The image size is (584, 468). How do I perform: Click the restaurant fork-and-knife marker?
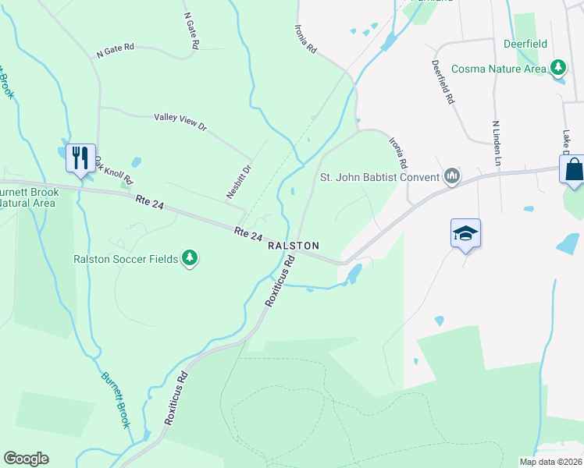pyautogui.click(x=81, y=158)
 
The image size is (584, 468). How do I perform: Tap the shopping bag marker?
pyautogui.click(x=573, y=169)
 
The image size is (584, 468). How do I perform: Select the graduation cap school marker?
pyautogui.click(x=465, y=233)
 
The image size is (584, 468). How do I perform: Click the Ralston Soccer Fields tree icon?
pyautogui.click(x=189, y=258)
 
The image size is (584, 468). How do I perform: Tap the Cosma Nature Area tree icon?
pyautogui.click(x=558, y=69)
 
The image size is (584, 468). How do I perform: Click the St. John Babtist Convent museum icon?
pyautogui.click(x=451, y=176)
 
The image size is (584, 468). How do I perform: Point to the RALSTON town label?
pyautogui.click(x=294, y=246)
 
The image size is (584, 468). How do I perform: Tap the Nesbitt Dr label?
pyautogui.click(x=240, y=181)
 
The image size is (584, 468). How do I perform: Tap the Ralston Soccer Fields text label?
pyautogui.click(x=126, y=258)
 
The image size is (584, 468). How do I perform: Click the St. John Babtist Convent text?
pyautogui.click(x=379, y=176)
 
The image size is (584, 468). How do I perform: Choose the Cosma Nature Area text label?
pyautogui.click(x=499, y=69)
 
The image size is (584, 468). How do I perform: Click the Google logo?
pyautogui.click(x=26, y=459)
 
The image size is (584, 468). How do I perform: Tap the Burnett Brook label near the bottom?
pyautogui.click(x=116, y=399)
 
